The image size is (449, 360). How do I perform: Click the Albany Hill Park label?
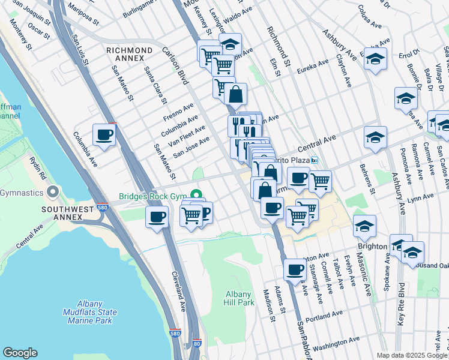click(240, 298)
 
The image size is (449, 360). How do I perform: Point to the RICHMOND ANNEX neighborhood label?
click(129, 54)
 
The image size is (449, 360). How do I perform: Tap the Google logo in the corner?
click(20, 353)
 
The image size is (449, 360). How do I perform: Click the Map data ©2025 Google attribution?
click(411, 355)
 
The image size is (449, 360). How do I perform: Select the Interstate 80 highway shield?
click(197, 344)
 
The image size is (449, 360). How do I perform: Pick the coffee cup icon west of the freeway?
click(104, 134)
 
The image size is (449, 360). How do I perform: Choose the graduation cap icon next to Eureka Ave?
click(375, 59)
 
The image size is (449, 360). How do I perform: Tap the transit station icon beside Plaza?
click(314, 161)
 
